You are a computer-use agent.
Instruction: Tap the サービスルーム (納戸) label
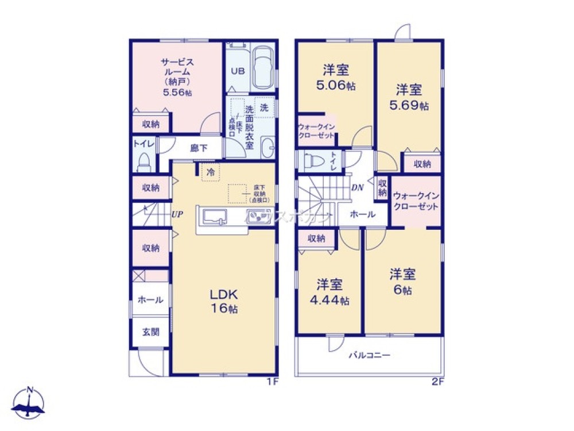[x=176, y=78]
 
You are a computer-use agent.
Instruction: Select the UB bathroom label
[x=237, y=71]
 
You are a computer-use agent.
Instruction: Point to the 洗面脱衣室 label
[x=249, y=128]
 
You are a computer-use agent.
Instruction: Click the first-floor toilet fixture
[x=143, y=163]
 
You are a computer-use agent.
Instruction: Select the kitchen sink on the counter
[x=214, y=217]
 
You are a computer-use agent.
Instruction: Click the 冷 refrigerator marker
[x=211, y=171]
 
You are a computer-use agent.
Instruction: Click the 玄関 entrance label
[x=151, y=332]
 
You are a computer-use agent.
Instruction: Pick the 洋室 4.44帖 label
[x=331, y=292]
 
